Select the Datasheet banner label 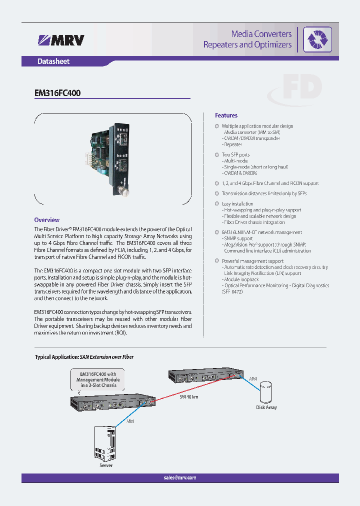coord(53,61)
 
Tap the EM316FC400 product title coord(57,93)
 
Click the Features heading coord(226,115)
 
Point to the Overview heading coord(46,219)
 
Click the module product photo coord(113,159)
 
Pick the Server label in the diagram coord(106,465)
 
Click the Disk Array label coord(266,407)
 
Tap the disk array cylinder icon coord(266,391)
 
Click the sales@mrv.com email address coord(179,477)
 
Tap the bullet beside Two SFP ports coord(217,154)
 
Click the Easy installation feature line coord(237,203)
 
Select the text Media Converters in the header coord(261,33)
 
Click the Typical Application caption coord(84,357)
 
